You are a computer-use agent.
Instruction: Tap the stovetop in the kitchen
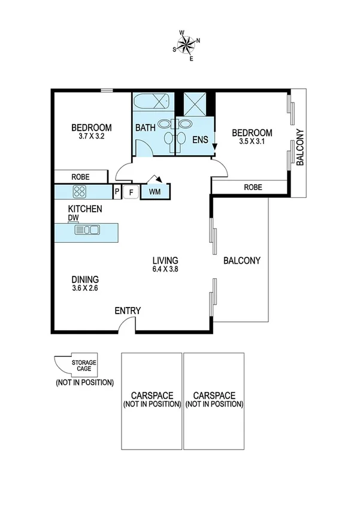coord(80,192)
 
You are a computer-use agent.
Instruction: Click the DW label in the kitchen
coord(73,218)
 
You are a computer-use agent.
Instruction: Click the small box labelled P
coord(117,192)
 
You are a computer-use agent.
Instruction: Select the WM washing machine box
coord(155,192)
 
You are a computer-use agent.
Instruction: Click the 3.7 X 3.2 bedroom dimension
coord(91,137)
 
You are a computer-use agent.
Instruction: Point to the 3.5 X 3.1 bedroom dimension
coord(252,142)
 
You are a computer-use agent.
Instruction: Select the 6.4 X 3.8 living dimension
coord(165,270)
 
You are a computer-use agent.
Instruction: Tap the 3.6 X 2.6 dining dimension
coord(85,288)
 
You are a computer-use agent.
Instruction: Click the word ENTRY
coord(128,311)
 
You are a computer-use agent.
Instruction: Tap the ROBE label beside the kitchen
coord(81,177)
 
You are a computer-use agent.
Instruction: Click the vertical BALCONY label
coord(301,148)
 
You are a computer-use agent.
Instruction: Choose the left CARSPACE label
coord(152,396)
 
